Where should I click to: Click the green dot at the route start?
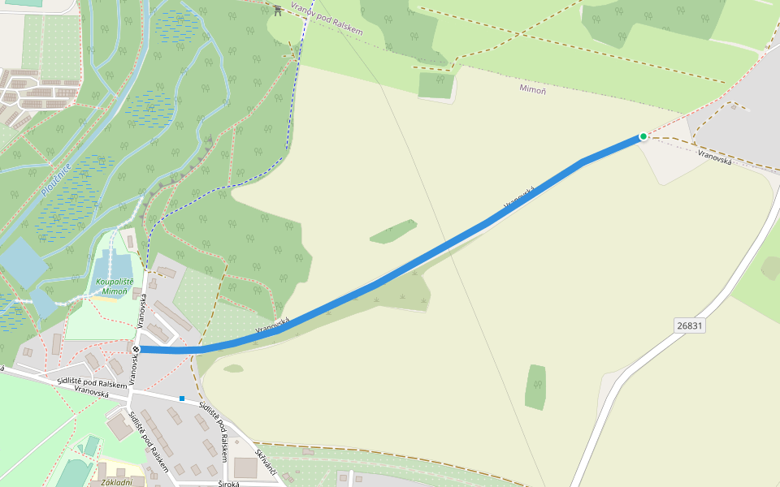click(643, 136)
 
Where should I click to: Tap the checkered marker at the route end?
click(136, 349)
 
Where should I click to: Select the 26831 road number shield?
click(689, 325)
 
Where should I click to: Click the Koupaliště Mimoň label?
click(115, 286)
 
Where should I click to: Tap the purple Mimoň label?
click(533, 88)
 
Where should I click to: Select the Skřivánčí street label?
click(266, 462)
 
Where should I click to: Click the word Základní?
click(115, 482)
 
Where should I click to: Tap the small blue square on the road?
click(182, 399)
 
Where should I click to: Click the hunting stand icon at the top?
click(278, 10)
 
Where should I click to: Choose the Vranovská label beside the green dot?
click(715, 159)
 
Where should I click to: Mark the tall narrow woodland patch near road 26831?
click(535, 387)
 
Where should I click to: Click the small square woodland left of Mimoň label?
click(436, 84)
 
